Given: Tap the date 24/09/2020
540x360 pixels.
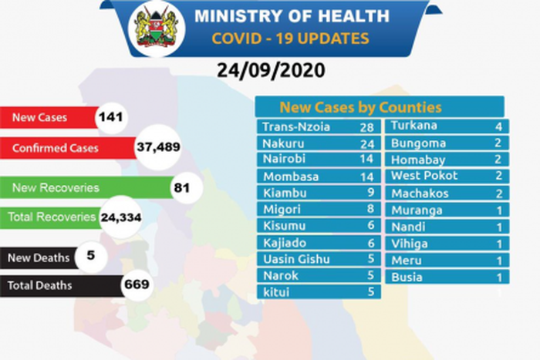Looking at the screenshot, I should click(269, 70).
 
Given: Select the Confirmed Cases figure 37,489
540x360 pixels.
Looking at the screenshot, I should click(154, 147).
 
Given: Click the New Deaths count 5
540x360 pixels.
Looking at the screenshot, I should click(91, 255).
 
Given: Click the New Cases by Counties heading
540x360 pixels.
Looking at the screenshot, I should click(360, 107).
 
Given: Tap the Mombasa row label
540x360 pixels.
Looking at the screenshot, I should click(286, 175).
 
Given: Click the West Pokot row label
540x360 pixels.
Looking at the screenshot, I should click(424, 175).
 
